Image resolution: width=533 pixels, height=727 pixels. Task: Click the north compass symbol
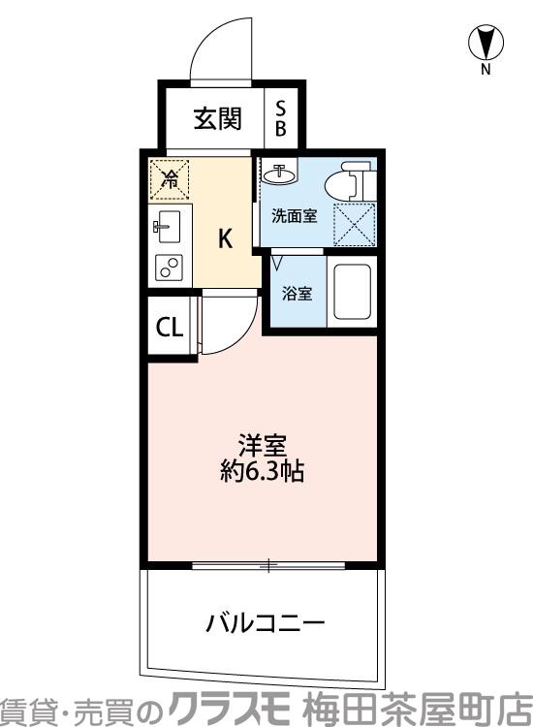pyautogui.click(x=486, y=42)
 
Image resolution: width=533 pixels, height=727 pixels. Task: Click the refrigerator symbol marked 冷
pyautogui.click(x=170, y=177)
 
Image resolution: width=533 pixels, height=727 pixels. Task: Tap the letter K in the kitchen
pyautogui.click(x=224, y=239)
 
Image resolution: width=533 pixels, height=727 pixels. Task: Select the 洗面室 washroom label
pyautogui.click(x=294, y=216)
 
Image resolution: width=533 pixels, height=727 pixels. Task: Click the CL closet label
pyautogui.click(x=169, y=328)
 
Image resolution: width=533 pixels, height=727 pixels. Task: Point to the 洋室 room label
pyautogui.click(x=263, y=447)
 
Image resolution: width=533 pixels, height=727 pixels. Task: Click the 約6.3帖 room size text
pyautogui.click(x=263, y=474)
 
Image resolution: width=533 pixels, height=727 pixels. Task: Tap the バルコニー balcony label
pyautogui.click(x=264, y=621)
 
